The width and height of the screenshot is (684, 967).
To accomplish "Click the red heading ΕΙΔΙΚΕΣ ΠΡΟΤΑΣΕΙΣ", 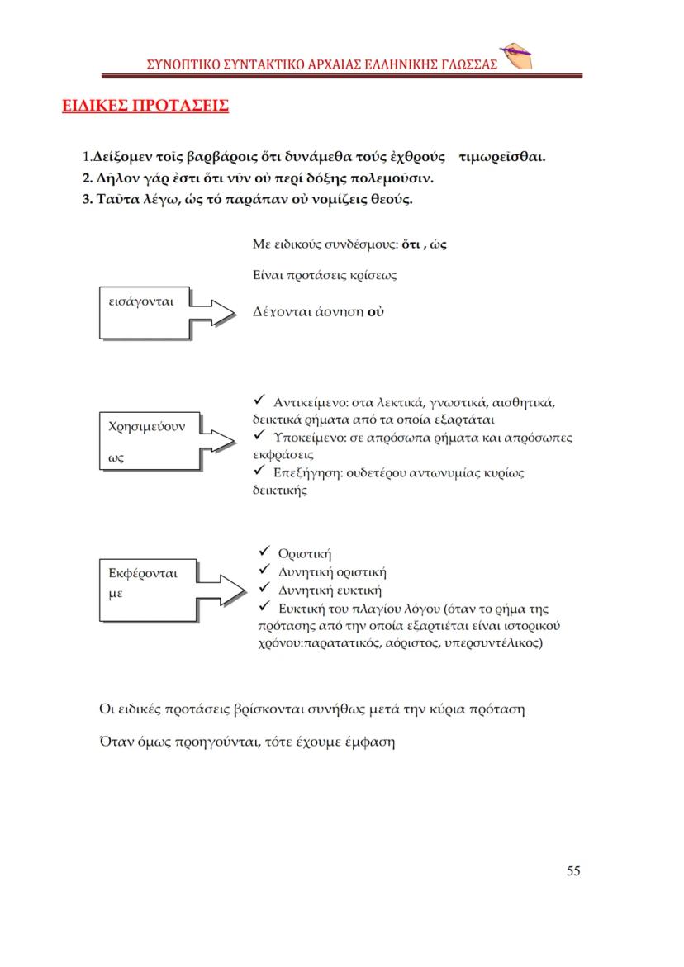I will pos(145,106).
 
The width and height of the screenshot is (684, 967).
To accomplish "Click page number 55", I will pos(573,871).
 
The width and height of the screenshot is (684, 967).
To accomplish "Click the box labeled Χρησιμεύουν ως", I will pos(148,441).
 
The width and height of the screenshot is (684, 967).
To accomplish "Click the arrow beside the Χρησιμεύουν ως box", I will pos(222,440).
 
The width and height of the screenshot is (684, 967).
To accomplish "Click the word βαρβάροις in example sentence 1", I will pos(210,156).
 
